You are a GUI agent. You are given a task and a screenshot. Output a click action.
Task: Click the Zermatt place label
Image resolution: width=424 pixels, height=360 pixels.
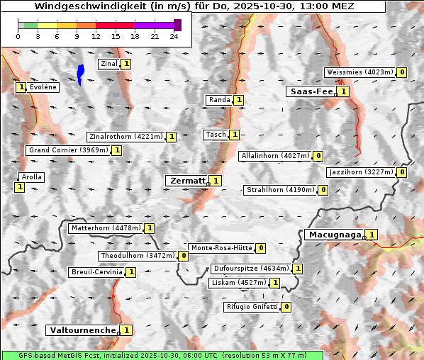pyautogui.click(x=187, y=181)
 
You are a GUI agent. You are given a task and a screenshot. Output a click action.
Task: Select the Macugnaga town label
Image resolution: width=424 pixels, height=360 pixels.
pyautogui.click(x=334, y=235)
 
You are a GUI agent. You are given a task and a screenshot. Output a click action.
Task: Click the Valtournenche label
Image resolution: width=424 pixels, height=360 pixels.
pyautogui.click(x=82, y=330)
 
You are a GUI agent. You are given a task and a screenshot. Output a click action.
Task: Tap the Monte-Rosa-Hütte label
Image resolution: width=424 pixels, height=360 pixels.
pyautogui.click(x=221, y=248)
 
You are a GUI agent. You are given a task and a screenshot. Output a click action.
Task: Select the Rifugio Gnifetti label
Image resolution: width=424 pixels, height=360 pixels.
pyautogui.click(x=251, y=307)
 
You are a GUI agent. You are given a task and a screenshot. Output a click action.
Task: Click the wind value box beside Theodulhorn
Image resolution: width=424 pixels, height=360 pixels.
pyautogui.click(x=183, y=256)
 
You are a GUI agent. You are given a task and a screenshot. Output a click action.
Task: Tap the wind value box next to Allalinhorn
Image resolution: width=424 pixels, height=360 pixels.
pyautogui.click(x=318, y=156)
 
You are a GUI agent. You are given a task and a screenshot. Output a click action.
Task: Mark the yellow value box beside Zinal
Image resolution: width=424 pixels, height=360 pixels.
pyautogui.click(x=126, y=64)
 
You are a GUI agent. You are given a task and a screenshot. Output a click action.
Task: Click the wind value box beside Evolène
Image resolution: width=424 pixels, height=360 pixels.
pyautogui.click(x=21, y=87)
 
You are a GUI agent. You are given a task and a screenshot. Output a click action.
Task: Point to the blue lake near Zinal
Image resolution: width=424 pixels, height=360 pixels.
pyautogui.click(x=80, y=74)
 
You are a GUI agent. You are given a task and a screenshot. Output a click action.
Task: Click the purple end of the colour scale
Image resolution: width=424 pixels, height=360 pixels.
pyautogui.click(x=177, y=25)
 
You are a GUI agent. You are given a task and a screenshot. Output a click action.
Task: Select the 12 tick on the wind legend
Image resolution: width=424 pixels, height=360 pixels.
pyautogui.click(x=96, y=36)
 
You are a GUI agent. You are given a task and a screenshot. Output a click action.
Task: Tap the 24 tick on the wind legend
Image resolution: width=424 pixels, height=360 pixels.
pyautogui.click(x=174, y=36)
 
